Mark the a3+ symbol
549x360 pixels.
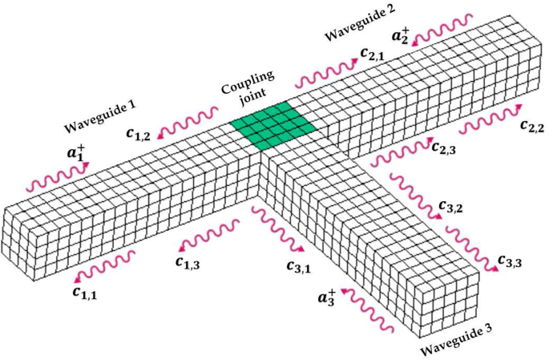pos(325,299)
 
